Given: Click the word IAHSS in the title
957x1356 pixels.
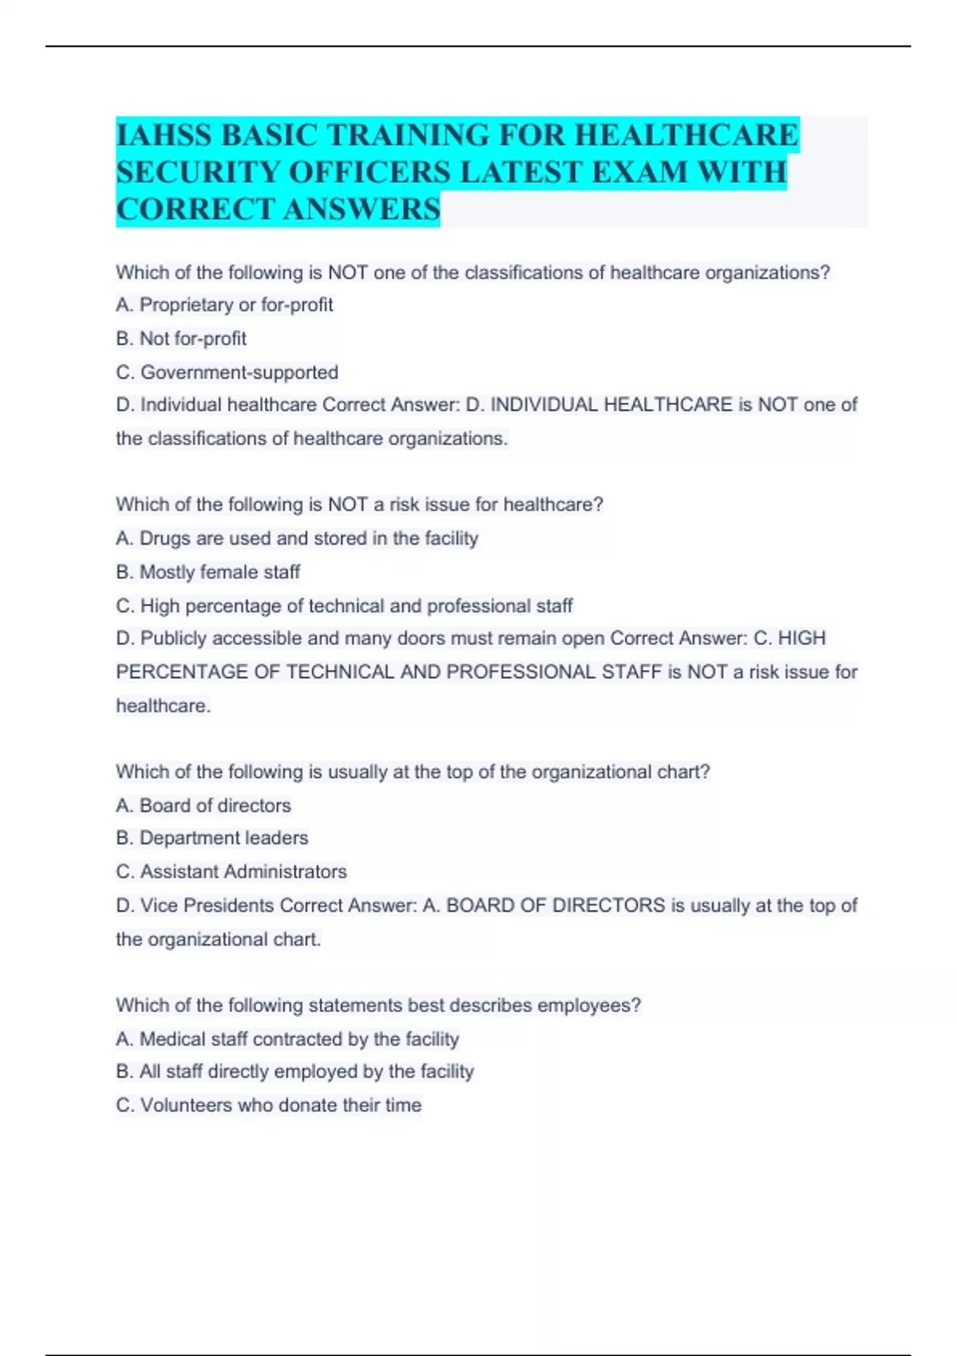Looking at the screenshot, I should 164,135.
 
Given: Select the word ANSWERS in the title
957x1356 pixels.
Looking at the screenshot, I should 360,210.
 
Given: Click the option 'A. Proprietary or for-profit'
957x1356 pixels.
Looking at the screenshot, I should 224,305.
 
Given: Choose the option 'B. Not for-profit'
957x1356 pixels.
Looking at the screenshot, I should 181,338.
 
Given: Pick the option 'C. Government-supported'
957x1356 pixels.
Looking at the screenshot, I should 227,372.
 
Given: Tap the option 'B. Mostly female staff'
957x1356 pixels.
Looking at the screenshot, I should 207,572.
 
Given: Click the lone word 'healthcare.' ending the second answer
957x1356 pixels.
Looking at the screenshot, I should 163,706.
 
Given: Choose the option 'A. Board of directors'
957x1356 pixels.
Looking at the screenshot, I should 203,806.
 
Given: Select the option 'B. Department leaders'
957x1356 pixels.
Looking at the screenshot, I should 212,838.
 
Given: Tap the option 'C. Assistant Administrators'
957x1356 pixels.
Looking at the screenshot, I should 231,871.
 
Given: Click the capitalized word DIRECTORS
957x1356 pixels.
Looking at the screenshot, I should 608,905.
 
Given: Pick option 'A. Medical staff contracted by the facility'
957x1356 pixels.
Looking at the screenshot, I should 287,1039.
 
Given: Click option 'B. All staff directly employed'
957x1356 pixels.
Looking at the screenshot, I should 295,1071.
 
